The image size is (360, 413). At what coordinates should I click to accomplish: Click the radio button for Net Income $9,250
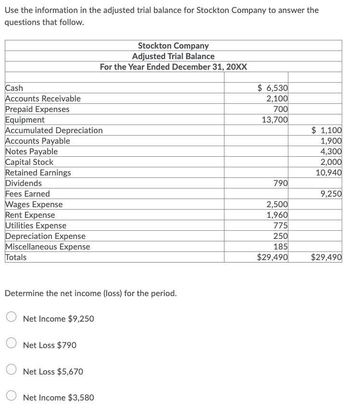click(12, 318)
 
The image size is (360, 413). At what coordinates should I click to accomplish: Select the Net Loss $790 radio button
click(12, 345)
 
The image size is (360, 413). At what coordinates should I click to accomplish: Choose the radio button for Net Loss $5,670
click(12, 371)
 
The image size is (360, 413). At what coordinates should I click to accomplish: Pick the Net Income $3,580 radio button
click(12, 397)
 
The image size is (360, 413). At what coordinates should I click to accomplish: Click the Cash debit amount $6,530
click(273, 88)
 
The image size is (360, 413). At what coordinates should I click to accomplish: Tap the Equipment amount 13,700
click(274, 120)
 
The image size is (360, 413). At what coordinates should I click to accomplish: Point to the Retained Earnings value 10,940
click(328, 173)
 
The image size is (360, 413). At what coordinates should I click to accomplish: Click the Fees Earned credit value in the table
click(331, 194)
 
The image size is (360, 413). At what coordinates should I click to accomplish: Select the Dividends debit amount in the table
click(280, 183)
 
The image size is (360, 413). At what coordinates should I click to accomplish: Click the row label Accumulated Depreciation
click(54, 130)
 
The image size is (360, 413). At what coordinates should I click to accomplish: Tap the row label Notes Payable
click(31, 151)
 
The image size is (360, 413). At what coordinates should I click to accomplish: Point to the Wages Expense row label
click(34, 204)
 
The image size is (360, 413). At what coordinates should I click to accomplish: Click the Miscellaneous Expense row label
click(48, 247)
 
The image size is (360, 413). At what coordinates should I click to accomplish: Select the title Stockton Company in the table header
click(173, 46)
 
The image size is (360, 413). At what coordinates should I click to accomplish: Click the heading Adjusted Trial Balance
click(173, 56)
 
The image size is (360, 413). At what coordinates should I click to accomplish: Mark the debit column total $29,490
click(273, 257)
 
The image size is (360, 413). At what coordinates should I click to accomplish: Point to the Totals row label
click(16, 257)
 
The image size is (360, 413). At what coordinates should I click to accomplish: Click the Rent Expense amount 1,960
click(277, 215)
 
